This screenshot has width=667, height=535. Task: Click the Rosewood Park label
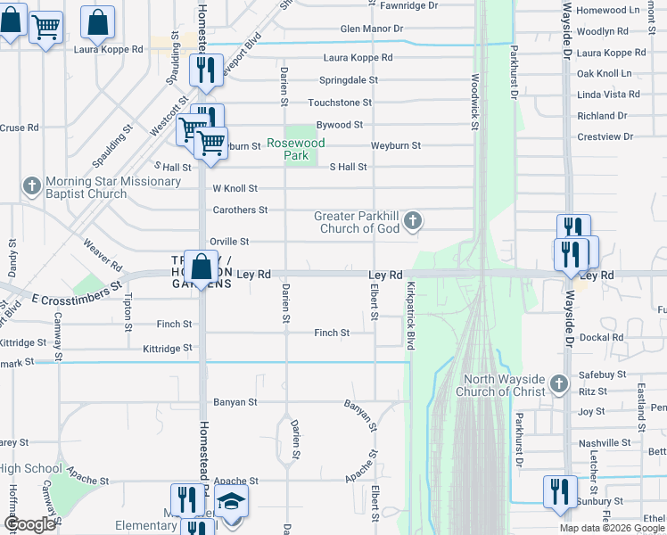click(x=298, y=149)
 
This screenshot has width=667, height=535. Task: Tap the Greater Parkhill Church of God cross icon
click(x=412, y=219)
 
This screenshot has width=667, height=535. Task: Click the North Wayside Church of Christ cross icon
click(x=559, y=383)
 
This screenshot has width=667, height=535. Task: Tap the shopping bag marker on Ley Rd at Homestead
click(x=202, y=267)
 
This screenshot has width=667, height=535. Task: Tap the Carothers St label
click(x=240, y=210)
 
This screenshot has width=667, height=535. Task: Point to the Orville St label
click(x=229, y=242)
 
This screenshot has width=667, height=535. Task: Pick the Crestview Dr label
click(x=605, y=136)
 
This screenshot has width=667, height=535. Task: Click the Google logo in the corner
click(x=29, y=524)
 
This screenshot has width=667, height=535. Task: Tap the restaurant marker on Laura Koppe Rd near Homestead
click(x=207, y=70)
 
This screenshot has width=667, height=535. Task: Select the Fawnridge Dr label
click(x=408, y=5)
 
